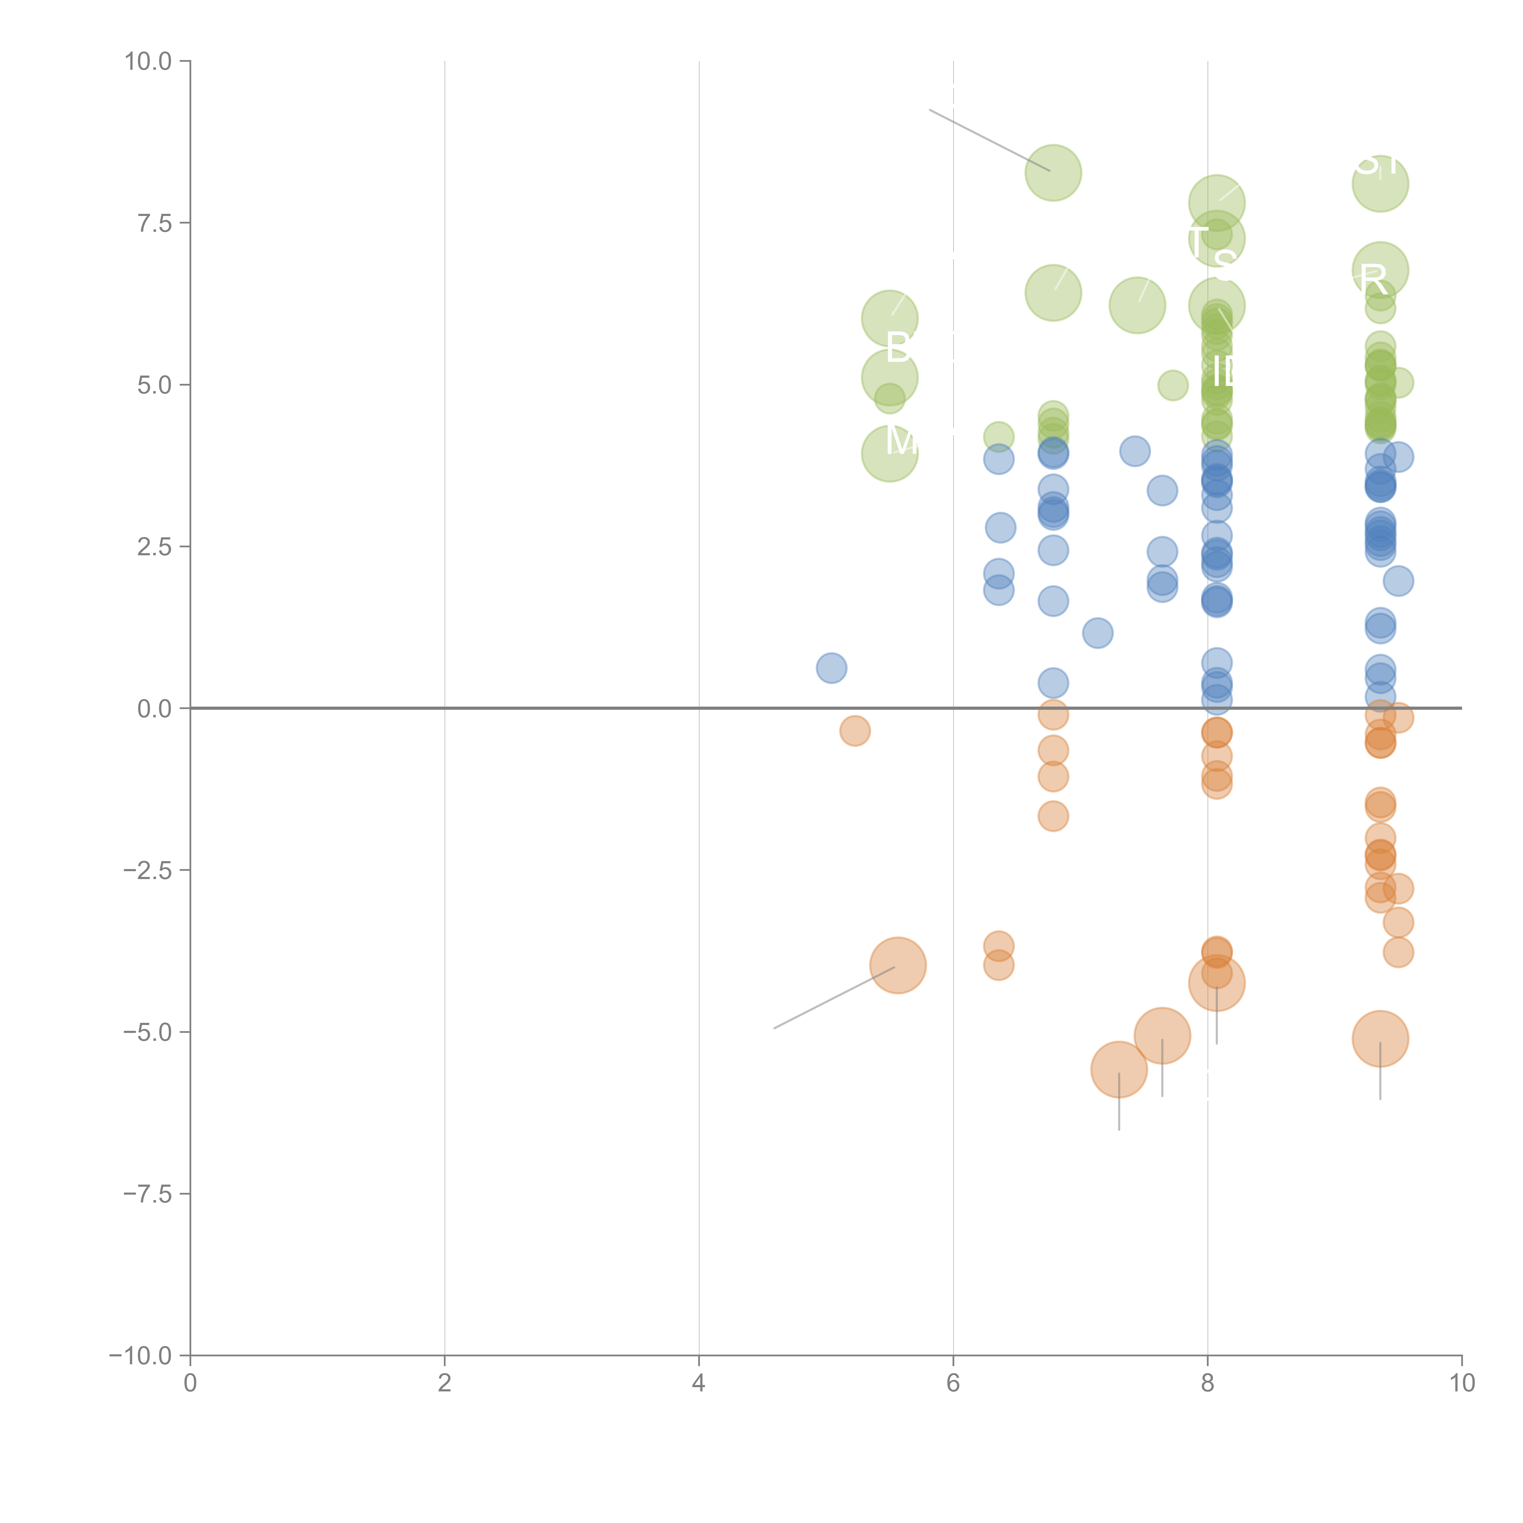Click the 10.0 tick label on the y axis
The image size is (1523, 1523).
[x=148, y=62]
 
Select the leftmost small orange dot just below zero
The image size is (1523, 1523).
[x=854, y=731]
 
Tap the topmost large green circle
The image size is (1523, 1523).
[x=1053, y=173]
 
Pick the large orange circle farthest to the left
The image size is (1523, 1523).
[x=898, y=965]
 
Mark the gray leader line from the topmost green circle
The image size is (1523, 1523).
[x=989, y=140]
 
